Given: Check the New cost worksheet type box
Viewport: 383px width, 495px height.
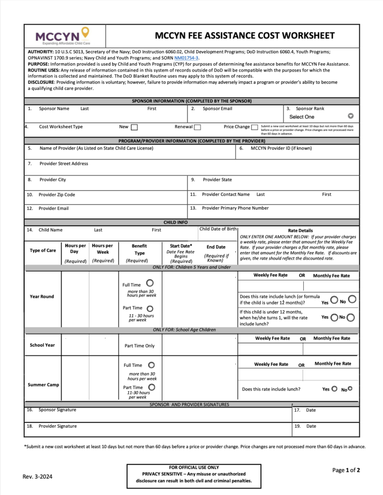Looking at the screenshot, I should point(134,127).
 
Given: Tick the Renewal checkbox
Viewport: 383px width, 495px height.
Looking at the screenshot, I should point(197,127).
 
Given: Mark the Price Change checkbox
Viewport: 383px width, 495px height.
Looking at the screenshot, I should point(254,127).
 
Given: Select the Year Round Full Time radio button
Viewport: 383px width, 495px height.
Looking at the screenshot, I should point(150,283).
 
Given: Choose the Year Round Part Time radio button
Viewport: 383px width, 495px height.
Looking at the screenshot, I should point(150,308).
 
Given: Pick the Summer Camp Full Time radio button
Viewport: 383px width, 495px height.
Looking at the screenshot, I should point(151,365).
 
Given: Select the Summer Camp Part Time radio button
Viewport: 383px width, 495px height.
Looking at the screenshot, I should point(151,388).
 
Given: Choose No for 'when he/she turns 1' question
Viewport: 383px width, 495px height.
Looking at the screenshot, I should point(351,318).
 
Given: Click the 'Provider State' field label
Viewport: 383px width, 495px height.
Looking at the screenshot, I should point(217,180).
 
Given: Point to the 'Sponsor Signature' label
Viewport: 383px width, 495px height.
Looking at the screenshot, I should point(58,410).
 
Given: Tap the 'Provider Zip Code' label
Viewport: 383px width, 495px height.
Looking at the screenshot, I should point(57,195).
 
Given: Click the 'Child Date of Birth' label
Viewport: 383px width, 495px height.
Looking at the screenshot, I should point(218,229).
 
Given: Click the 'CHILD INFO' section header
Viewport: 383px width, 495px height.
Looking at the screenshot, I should point(176,222).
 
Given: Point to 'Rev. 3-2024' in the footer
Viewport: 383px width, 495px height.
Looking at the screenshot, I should point(38,477).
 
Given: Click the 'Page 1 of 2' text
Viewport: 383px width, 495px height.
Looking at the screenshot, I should point(346,470).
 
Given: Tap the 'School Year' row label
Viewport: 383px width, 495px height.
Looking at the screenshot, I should point(43,345).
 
